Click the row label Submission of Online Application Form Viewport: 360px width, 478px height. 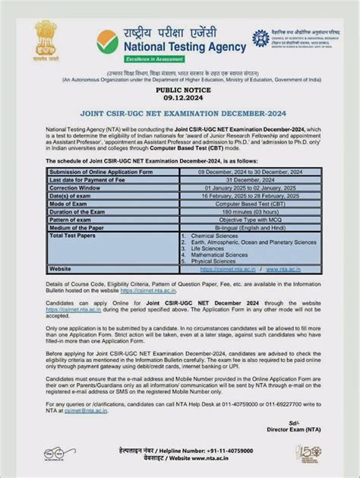96,173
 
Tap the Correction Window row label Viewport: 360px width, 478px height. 75,186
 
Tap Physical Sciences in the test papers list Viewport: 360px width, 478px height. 213,262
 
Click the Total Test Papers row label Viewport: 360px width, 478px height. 74,235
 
